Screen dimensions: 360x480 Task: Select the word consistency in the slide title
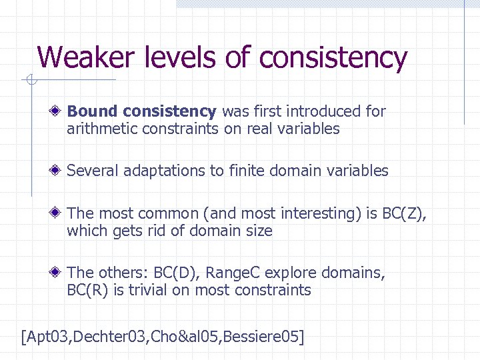[x=333, y=58]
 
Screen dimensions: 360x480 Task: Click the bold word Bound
[x=93, y=111]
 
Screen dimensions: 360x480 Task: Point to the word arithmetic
[x=99, y=129]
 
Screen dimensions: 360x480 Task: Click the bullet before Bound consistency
[x=59, y=111]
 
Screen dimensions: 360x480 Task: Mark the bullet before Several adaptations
[x=59, y=171]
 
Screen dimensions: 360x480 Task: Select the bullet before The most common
[x=59, y=213]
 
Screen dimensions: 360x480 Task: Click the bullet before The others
[x=59, y=273]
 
